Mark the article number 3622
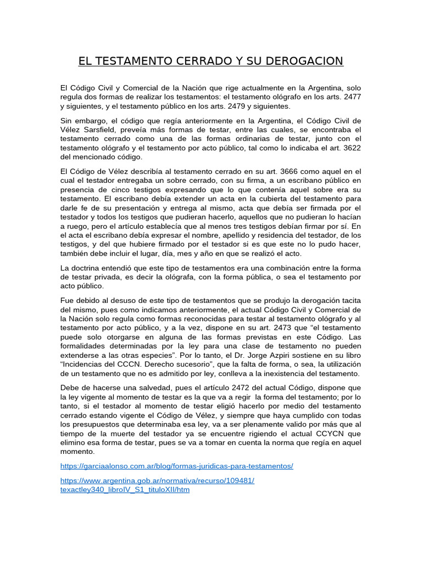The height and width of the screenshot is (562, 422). tap(351, 147)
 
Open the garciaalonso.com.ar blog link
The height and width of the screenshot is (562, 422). tap(176, 466)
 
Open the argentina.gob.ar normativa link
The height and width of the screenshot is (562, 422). tap(157, 480)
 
